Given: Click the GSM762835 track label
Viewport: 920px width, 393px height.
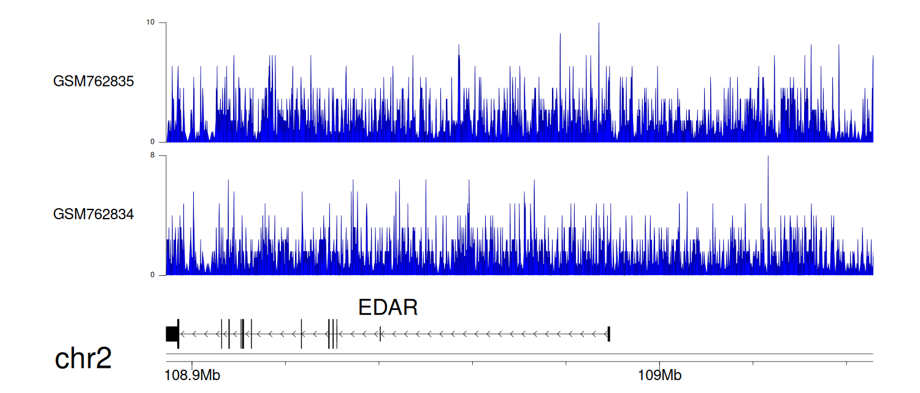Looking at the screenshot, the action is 93,82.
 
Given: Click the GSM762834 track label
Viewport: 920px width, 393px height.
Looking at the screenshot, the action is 93,214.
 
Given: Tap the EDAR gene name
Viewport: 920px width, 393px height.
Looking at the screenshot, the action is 388,308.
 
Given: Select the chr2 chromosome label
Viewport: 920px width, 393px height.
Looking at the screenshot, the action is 83,359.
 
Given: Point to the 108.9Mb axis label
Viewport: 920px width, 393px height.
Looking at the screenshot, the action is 192,375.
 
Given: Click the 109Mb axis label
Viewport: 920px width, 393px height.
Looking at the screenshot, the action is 659,375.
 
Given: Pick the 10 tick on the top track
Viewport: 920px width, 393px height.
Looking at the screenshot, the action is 150,22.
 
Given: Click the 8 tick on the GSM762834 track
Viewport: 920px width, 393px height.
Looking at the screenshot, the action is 152,155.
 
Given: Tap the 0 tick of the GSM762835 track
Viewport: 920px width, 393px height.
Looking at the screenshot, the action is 152,142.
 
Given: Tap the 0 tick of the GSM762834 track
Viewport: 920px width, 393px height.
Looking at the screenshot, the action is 152,275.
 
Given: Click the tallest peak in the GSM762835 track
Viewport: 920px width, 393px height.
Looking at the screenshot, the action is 599,24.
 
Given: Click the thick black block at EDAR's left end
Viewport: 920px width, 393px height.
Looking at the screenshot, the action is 172,334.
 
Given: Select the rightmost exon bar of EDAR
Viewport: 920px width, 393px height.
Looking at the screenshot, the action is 608,334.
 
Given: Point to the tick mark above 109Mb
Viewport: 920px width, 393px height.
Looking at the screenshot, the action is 659,364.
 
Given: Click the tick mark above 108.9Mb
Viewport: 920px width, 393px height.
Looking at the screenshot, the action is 192,364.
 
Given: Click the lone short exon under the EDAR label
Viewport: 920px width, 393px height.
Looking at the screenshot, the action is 380,334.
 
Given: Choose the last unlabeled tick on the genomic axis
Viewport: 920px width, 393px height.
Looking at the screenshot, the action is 846,364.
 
